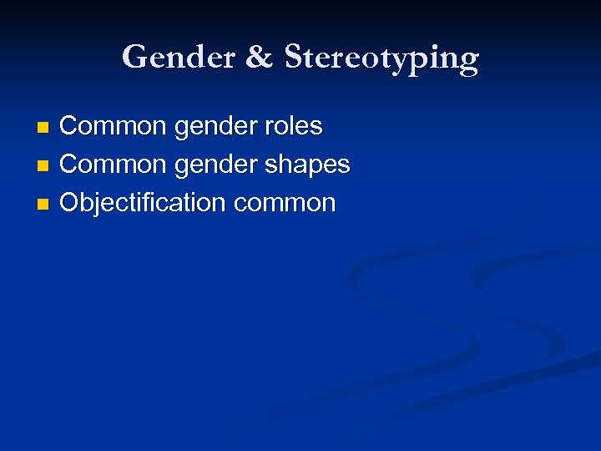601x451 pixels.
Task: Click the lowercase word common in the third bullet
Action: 285,203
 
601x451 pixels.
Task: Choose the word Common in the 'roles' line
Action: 114,126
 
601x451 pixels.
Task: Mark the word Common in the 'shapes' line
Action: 114,165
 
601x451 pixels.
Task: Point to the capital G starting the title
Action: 134,57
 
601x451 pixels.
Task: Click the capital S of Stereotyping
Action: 294,56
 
